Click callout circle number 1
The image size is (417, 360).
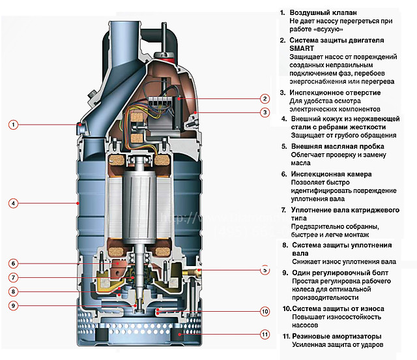[x=13, y=124]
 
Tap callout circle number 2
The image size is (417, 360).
[x=265, y=99]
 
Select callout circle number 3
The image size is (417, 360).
[x=265, y=112]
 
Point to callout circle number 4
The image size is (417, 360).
[x=13, y=203]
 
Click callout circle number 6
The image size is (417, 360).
[x=13, y=263]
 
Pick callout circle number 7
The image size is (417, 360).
[x=13, y=278]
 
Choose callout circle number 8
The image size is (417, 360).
[x=13, y=292]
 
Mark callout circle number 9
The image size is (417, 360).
[x=13, y=305]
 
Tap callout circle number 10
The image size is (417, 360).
[x=265, y=311]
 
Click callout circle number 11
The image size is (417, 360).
[x=265, y=335]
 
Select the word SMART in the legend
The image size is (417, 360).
[x=302, y=48]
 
